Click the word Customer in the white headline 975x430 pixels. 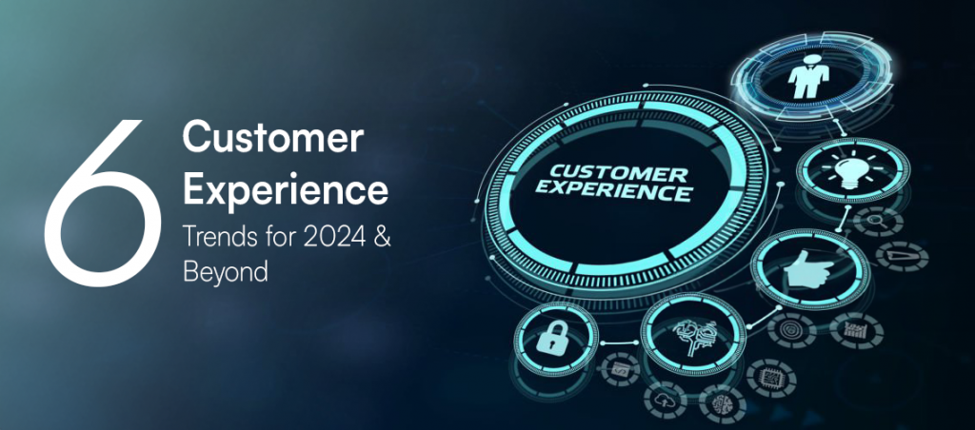coord(272,141)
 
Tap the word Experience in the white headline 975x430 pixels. coord(286,189)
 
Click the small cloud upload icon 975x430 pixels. coord(665,401)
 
